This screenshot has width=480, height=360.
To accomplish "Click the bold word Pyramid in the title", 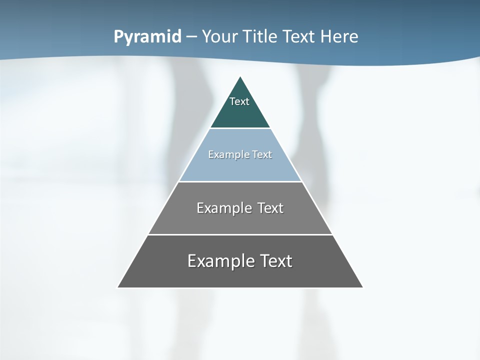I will tap(147, 37).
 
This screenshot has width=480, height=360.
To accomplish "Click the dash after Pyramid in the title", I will tap(191, 37).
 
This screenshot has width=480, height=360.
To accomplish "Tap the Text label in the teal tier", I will tap(239, 101).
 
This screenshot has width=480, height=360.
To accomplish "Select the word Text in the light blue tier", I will tap(262, 154).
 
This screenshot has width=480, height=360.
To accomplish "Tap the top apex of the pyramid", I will tap(240, 77).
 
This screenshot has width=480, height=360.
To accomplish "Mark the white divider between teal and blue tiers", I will tap(240, 128).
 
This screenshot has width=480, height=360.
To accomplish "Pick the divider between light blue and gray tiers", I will tap(240, 181).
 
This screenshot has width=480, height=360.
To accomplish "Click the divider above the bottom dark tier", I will tap(240, 234).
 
